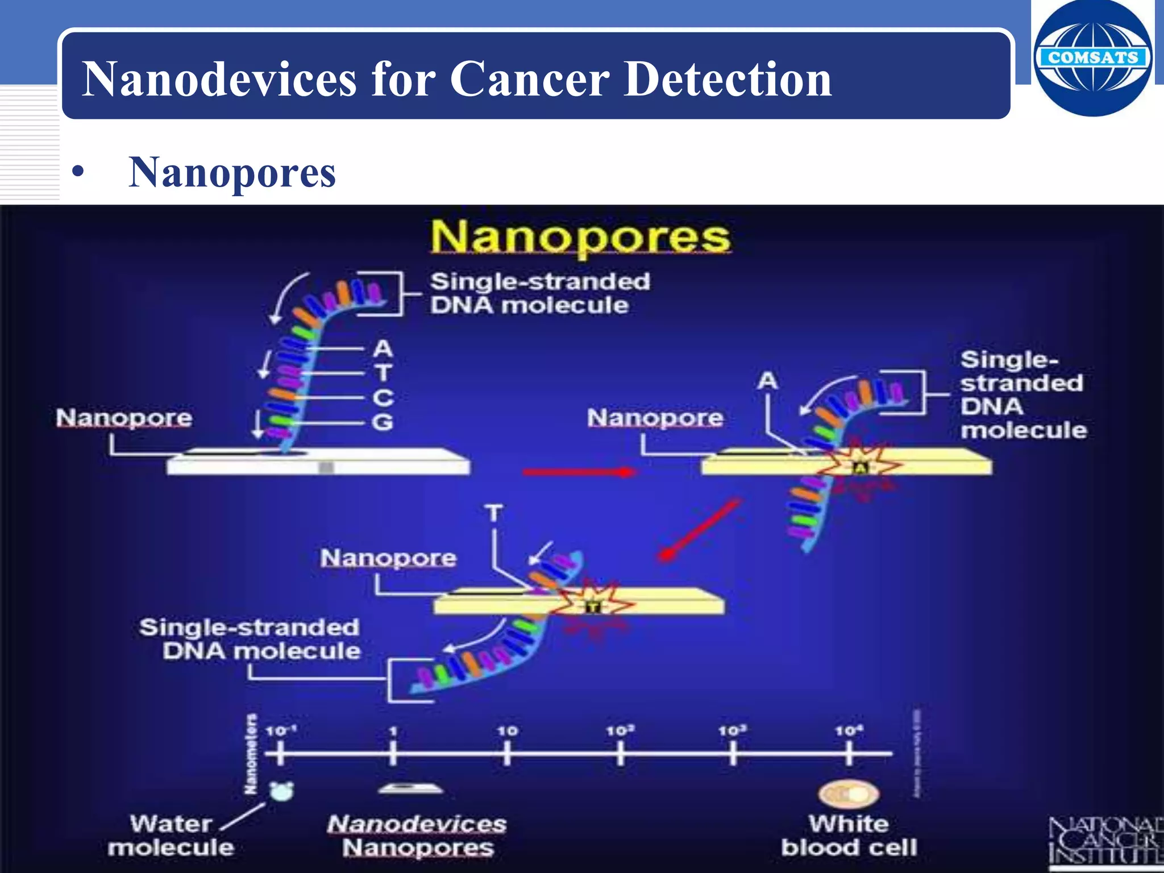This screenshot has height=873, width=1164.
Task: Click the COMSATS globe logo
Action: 1092,58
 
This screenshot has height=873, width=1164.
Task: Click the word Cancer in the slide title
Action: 529,80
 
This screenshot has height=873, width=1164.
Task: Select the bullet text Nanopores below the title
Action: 232,173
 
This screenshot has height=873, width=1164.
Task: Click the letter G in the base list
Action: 383,422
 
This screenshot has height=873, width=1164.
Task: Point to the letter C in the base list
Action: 383,397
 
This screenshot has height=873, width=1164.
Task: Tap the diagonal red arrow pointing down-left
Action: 700,530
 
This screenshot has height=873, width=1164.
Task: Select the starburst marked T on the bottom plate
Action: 593,606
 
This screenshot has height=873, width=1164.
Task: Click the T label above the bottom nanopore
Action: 493,513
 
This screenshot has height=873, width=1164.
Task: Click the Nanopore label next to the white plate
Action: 124,418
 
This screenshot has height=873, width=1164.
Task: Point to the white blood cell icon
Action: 848,794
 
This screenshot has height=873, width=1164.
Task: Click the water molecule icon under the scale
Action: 281,791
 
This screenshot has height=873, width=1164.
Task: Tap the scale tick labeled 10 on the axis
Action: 507,754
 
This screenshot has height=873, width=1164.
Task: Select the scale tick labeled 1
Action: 393,754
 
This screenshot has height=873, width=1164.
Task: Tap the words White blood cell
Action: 849,835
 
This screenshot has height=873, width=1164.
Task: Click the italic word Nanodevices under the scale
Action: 417,824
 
